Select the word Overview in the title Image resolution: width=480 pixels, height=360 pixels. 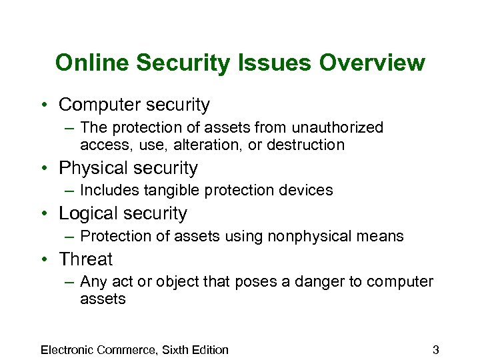point(372,63)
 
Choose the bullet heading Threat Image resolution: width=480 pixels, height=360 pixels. point(85,259)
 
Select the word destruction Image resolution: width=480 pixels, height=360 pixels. point(305,145)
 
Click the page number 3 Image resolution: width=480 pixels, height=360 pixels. point(435,349)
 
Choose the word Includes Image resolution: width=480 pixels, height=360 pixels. point(105,191)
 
